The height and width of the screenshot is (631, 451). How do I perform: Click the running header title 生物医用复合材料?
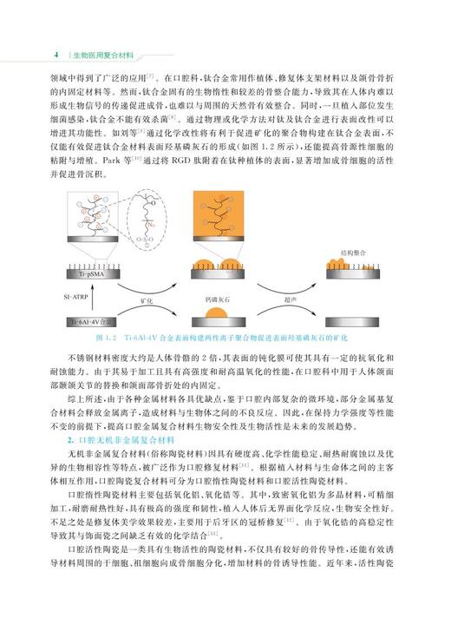(103, 55)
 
